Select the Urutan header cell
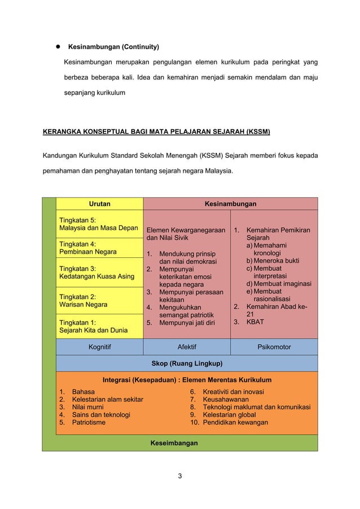click(x=99, y=203)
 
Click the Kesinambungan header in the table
click(x=230, y=203)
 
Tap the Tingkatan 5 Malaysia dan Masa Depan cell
click(x=99, y=223)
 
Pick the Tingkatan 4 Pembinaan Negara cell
click(x=99, y=247)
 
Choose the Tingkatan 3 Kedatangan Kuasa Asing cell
click(x=99, y=273)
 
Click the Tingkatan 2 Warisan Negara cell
click(x=99, y=300)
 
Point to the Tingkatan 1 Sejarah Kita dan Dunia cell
click(x=99, y=326)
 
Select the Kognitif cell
click(x=99, y=347)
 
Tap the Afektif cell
click(x=187, y=347)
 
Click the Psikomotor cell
click(x=274, y=347)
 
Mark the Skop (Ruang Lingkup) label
click(x=187, y=363)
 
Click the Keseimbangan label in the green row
click(x=174, y=443)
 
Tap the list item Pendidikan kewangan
click(x=235, y=422)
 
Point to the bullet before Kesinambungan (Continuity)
click(x=58, y=46)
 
